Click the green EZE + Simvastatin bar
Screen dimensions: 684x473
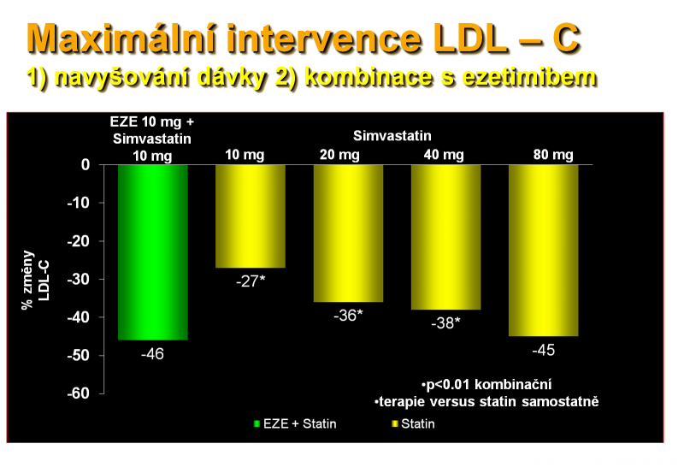pos(153,252)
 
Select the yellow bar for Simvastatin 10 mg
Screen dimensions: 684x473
pos(251,216)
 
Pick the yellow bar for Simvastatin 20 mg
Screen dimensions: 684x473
pos(348,233)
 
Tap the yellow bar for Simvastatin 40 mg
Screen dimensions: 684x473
pos(445,237)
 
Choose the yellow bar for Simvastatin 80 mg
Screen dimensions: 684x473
pos(544,251)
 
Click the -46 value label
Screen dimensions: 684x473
pos(153,354)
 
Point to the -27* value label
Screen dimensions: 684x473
pos(251,281)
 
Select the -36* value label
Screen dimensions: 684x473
pos(348,316)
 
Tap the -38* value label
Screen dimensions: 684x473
pos(445,323)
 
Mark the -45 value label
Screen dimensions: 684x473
pos(544,350)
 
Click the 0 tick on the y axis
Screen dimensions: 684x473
pos(85,165)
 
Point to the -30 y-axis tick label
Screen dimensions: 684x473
pos(79,279)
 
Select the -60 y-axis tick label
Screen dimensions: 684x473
pos(79,393)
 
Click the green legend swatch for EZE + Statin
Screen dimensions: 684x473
pos(257,423)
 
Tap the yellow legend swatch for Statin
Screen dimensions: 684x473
pos(395,423)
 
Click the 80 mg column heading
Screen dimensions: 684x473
pos(553,155)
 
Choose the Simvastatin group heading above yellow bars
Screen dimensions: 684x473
pos(392,136)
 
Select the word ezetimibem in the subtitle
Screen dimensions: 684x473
pos(528,78)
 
